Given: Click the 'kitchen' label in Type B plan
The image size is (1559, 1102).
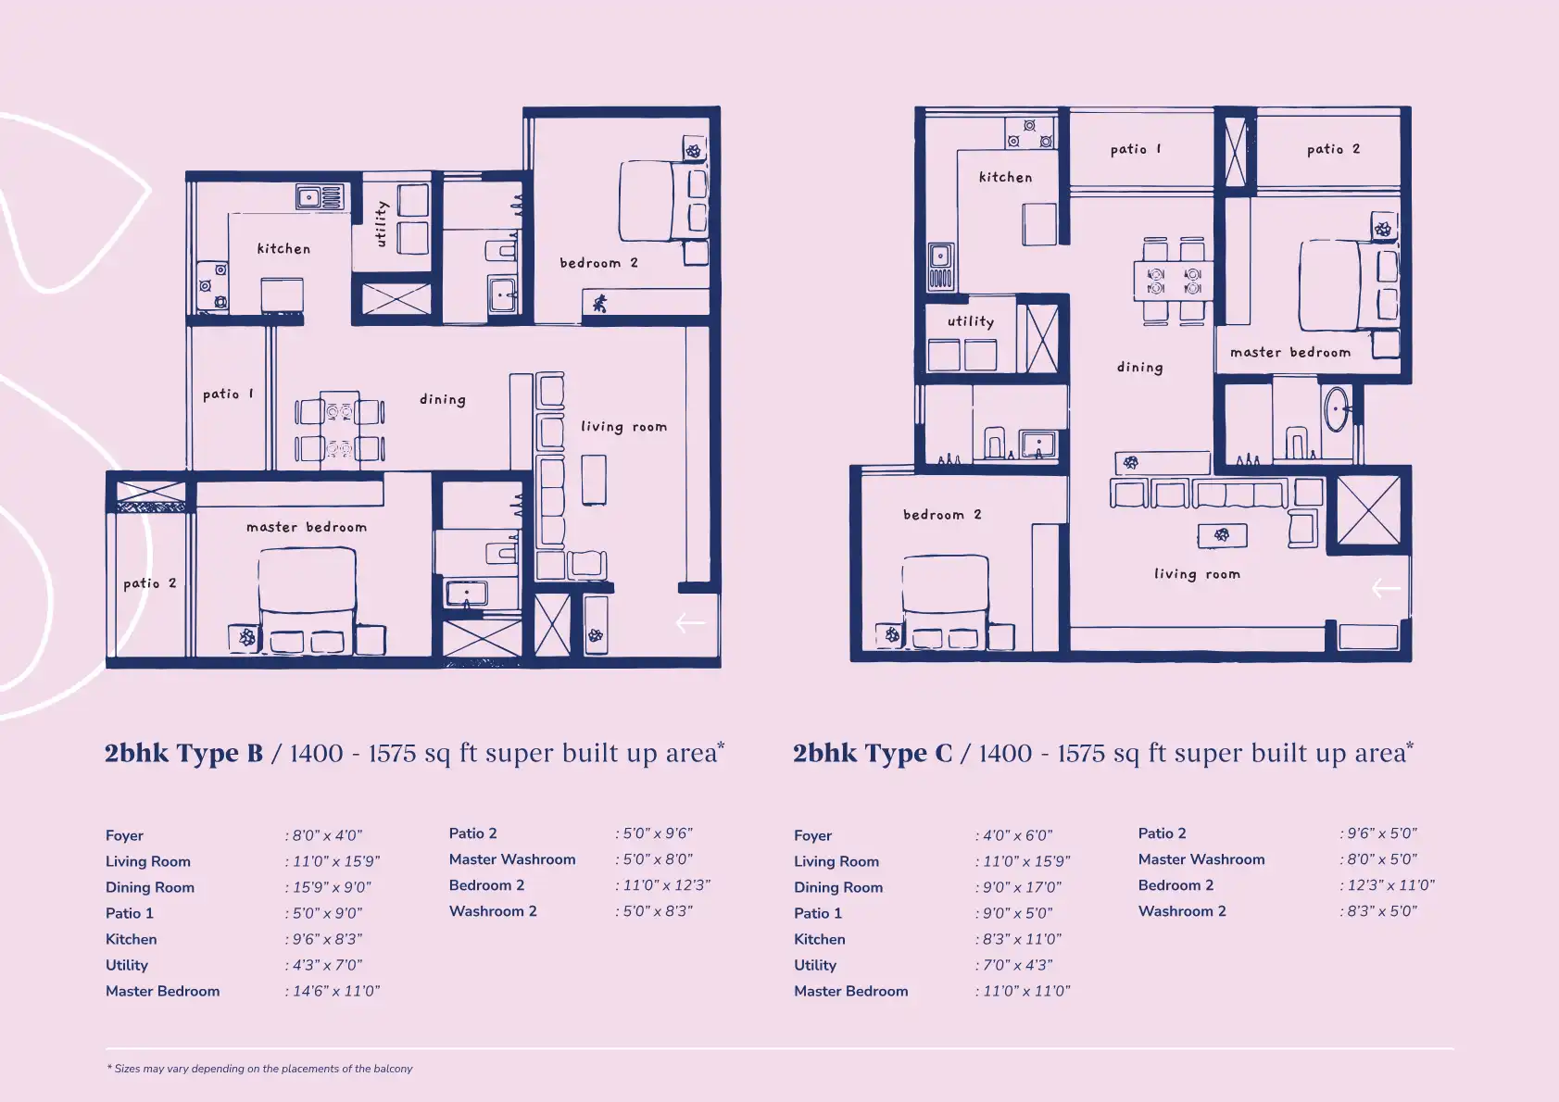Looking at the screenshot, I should pos(283,249).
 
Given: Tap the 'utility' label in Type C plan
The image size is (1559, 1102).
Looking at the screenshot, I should pos(970,321).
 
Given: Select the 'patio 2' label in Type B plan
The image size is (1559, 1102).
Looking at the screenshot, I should pos(149,583).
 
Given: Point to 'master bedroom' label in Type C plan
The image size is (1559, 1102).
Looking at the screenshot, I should pos(1289,353).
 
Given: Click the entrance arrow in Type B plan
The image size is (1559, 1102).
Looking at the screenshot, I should pos(690,623).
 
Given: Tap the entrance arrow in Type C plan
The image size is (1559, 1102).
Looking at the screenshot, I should pos(1386,588).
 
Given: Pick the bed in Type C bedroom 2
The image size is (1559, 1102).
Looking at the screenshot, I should pos(944,593).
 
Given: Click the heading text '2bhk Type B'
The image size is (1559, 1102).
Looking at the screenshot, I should pos(183,754).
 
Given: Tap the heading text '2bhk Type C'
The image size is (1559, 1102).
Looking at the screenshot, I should pos(873,754).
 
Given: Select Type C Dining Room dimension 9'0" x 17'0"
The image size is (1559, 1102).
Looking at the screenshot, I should pos(1022,887).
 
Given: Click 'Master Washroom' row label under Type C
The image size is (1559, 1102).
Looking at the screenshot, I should pos(1201,859).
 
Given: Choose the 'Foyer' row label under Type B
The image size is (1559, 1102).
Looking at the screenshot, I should pos(124,835).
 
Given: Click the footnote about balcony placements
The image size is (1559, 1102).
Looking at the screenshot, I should pos(260,1069).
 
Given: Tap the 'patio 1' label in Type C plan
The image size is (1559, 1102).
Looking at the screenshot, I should pos(1135,149).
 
